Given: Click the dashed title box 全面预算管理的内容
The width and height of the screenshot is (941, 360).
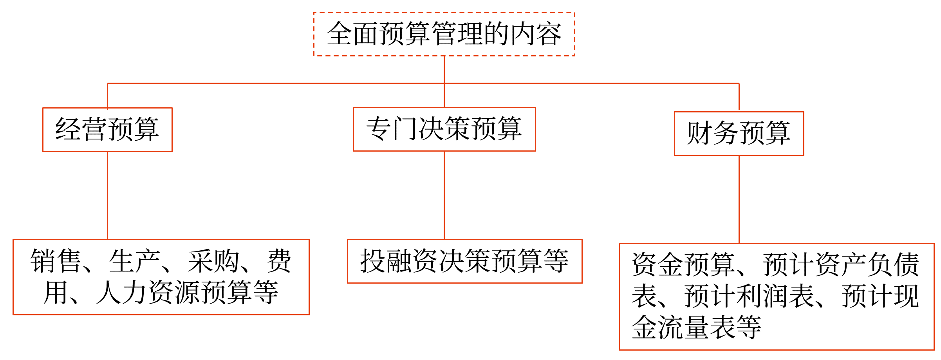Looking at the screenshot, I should pyautogui.click(x=444, y=34).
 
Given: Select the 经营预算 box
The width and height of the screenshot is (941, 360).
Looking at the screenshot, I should pyautogui.click(x=107, y=130).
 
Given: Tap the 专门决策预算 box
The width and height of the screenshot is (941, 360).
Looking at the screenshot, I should pyautogui.click(x=444, y=129).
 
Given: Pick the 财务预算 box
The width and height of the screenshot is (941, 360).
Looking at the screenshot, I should pyautogui.click(x=739, y=134).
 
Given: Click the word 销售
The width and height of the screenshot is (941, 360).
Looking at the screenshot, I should pyautogui.click(x=56, y=261).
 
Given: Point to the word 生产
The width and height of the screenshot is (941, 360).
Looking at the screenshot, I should pyautogui.click(x=134, y=261).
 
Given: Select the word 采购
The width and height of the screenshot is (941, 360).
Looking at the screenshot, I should pyautogui.click(x=213, y=261).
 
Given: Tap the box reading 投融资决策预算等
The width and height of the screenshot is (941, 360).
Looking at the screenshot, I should pyautogui.click(x=464, y=261).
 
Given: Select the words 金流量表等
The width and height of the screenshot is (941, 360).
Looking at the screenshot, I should pyautogui.click(x=696, y=327).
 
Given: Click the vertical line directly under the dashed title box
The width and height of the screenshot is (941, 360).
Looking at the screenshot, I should pyautogui.click(x=444, y=69).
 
